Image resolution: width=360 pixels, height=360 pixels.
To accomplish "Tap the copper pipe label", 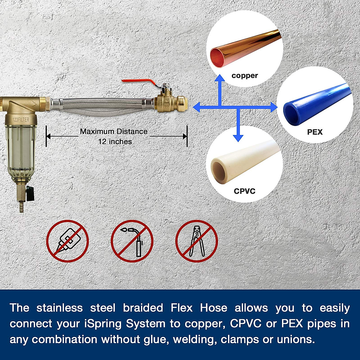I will pos(244,76).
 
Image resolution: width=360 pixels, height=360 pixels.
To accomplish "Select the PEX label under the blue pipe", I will pos(315,132).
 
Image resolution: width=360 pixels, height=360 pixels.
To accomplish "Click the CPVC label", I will pos(244,191).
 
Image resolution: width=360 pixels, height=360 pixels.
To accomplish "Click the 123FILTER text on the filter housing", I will pos(21,120).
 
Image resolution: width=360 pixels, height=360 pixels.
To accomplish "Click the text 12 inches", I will pos(115,142).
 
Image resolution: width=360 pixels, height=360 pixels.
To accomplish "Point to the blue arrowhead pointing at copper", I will pos(220,77).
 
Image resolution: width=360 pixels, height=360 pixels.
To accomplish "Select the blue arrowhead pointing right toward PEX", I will pos(274,107).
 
